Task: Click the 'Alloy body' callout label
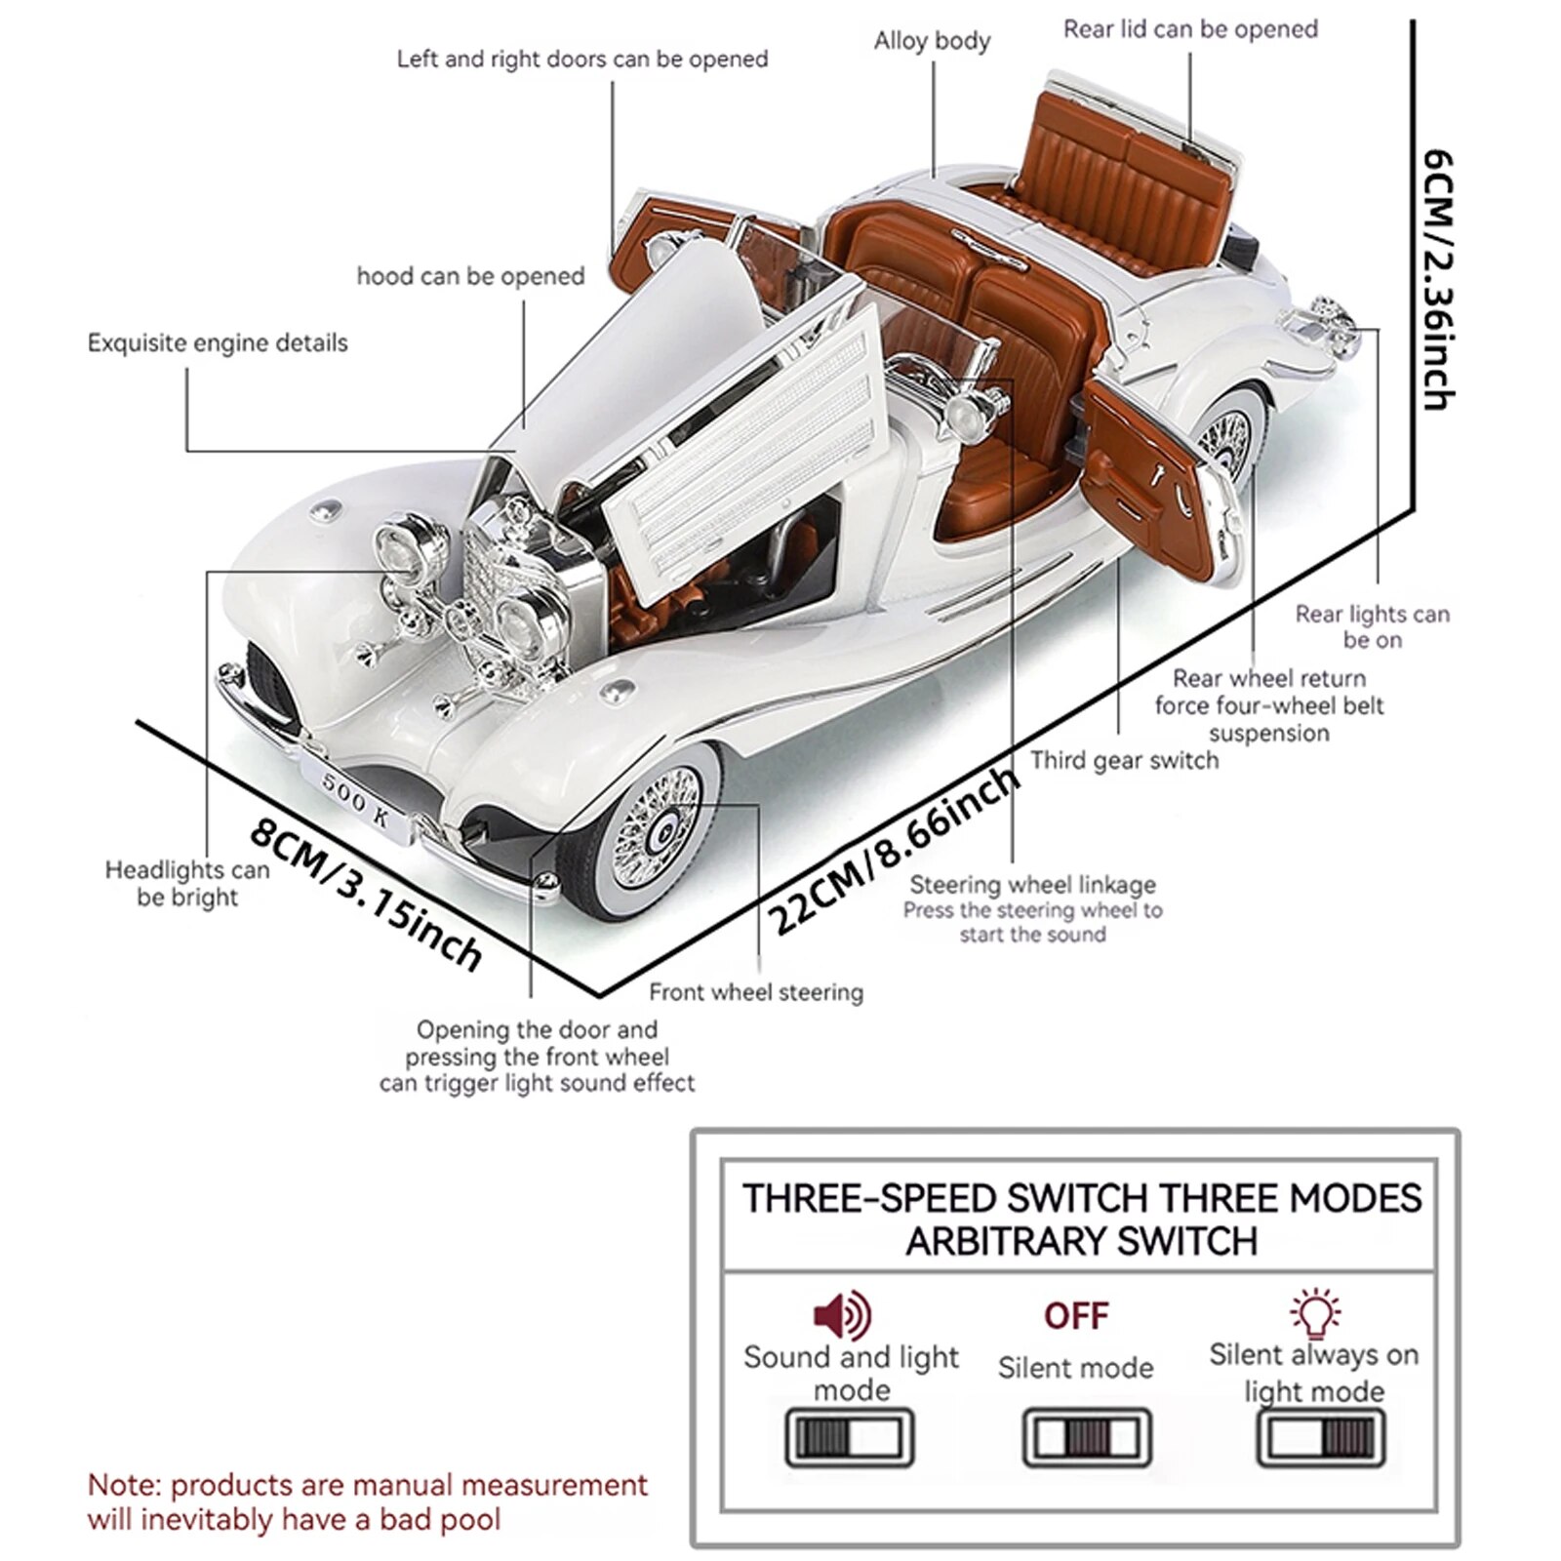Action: (932, 41)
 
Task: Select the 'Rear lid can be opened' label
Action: (1189, 29)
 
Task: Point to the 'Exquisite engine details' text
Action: (218, 343)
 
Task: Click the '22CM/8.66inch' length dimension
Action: (893, 849)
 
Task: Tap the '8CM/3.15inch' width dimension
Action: (366, 894)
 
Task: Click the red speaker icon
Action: (842, 1314)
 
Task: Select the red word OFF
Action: (1076, 1316)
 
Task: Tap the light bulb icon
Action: (1314, 1313)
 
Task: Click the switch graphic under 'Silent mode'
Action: (1087, 1438)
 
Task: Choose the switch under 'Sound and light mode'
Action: (849, 1438)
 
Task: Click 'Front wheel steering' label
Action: (756, 992)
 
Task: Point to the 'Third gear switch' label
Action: (1124, 760)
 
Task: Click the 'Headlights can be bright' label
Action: (187, 883)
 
